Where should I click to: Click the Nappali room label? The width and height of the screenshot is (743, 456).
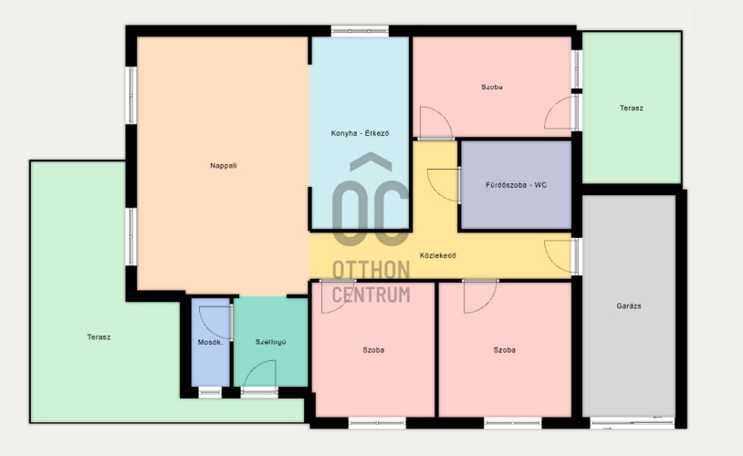pyautogui.click(x=224, y=166)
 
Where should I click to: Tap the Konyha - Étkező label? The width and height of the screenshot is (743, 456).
pyautogui.click(x=360, y=133)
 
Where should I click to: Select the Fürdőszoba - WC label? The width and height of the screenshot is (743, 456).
pyautogui.click(x=516, y=185)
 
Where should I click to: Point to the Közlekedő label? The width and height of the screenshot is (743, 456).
pyautogui.click(x=438, y=255)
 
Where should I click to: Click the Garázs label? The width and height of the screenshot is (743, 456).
pyautogui.click(x=629, y=306)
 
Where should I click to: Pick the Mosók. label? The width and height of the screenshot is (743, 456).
pyautogui.click(x=210, y=342)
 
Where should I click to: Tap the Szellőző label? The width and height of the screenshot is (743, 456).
pyautogui.click(x=270, y=342)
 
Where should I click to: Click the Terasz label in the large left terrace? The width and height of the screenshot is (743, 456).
pyautogui.click(x=99, y=337)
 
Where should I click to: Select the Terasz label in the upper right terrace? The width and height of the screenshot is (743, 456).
pyautogui.click(x=631, y=108)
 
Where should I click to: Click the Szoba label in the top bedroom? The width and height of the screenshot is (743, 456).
pyautogui.click(x=492, y=88)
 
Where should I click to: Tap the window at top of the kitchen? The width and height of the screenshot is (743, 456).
pyautogui.click(x=360, y=31)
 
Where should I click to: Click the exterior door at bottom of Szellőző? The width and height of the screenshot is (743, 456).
pyautogui.click(x=259, y=391)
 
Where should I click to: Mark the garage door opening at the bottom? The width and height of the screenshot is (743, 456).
pyautogui.click(x=633, y=422)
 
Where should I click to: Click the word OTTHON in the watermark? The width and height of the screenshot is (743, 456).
pyautogui.click(x=371, y=270)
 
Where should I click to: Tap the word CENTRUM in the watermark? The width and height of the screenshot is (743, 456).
pyautogui.click(x=371, y=295)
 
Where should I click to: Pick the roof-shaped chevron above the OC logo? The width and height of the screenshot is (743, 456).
pyautogui.click(x=371, y=161)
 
